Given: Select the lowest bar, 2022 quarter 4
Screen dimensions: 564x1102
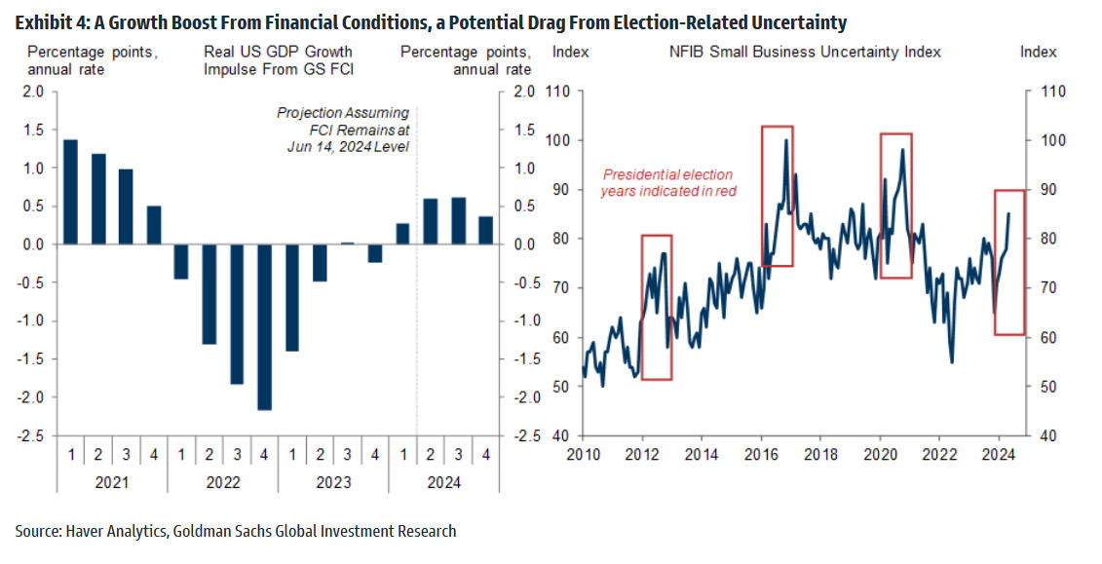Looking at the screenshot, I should pyautogui.click(x=264, y=326).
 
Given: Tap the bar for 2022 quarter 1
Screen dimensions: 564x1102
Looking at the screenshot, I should pyautogui.click(x=180, y=261).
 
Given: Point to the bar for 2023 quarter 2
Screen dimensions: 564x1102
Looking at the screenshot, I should pyautogui.click(x=320, y=262).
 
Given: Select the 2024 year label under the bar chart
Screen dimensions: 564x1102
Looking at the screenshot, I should pyautogui.click(x=444, y=482).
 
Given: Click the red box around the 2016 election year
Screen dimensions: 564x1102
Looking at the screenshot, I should pyautogui.click(x=778, y=195).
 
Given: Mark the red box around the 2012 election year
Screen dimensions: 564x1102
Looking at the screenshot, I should pyautogui.click(x=657, y=307).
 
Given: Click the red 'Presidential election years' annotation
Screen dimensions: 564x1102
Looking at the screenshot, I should pyautogui.click(x=667, y=182).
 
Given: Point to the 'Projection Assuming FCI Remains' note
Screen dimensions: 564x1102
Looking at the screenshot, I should pyautogui.click(x=343, y=130).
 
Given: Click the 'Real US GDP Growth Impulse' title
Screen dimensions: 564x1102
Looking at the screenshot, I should pyautogui.click(x=278, y=59).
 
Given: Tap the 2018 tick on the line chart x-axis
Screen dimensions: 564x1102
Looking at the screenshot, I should pyautogui.click(x=820, y=454).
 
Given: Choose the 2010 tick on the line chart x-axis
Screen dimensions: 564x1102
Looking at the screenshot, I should pyautogui.click(x=583, y=454).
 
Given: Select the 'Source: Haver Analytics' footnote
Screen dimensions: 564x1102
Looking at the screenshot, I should pyautogui.click(x=235, y=531).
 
